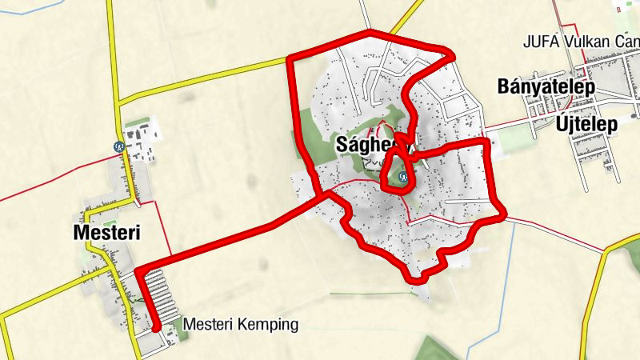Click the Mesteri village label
tap(106, 233)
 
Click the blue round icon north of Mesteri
tap(118, 146)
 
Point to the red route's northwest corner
tap(290, 58)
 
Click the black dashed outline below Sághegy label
tap(374, 162)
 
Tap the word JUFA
tap(538, 42)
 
